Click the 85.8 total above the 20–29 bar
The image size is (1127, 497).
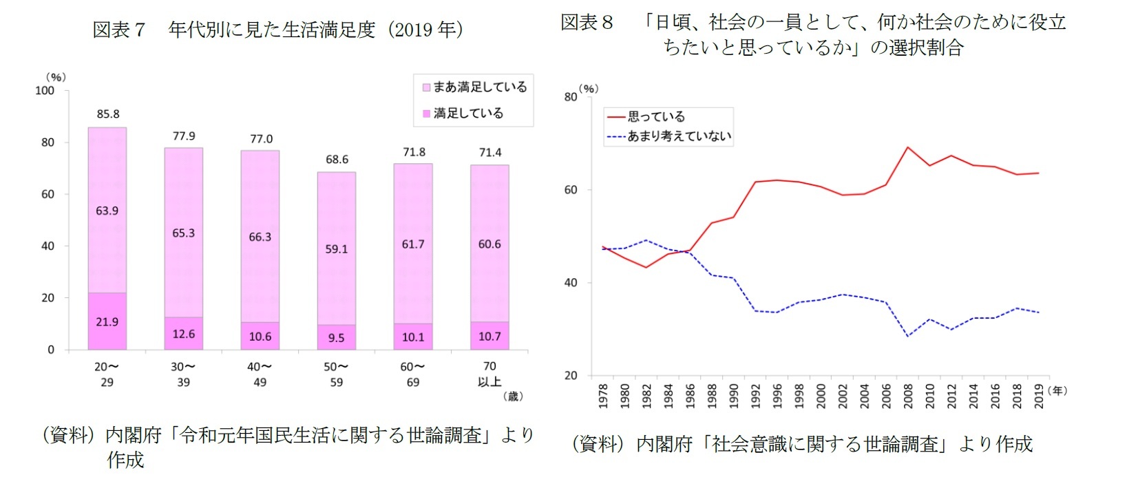click(x=108, y=114)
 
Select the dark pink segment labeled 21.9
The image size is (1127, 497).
click(x=107, y=321)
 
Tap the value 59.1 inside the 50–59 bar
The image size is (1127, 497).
click(x=337, y=249)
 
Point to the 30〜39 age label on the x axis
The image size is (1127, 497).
click(x=183, y=374)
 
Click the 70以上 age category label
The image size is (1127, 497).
click(x=489, y=374)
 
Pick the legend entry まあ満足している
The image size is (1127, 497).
click(x=474, y=87)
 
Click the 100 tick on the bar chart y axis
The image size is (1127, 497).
click(x=45, y=91)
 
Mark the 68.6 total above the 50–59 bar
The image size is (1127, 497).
click(x=337, y=160)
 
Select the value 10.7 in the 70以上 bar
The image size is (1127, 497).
click(x=489, y=337)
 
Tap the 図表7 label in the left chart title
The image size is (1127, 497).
click(x=119, y=30)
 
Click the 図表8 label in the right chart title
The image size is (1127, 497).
click(x=587, y=23)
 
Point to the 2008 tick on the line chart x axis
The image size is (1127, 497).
click(x=908, y=396)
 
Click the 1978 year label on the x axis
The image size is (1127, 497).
click(x=604, y=396)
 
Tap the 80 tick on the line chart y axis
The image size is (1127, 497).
click(x=571, y=97)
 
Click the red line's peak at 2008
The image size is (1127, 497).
click(x=908, y=147)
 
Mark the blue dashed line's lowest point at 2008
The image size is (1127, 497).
click(x=908, y=336)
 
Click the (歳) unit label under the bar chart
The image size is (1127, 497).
click(x=513, y=396)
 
